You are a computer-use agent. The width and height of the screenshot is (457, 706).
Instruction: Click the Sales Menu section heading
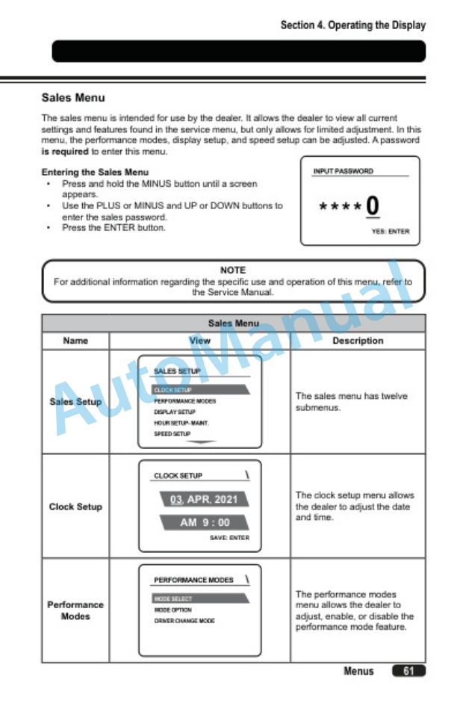73,97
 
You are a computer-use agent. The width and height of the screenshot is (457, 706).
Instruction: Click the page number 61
408,671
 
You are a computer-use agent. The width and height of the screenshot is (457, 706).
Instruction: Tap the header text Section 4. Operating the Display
352,25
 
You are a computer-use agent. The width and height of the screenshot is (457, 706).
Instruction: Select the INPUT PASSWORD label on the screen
343,171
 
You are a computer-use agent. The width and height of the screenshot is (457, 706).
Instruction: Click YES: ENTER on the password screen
390,232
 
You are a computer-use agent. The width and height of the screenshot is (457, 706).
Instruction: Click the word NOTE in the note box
233,270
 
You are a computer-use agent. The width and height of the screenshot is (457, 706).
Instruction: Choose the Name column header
75,341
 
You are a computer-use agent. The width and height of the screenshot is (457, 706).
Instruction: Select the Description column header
358,341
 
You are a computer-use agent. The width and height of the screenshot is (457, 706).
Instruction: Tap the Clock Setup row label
75,507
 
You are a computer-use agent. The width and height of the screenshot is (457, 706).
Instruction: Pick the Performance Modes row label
75,610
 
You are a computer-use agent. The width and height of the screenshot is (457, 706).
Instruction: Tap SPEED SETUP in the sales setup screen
172,433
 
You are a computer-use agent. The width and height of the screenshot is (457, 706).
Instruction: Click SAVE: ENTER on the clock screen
229,537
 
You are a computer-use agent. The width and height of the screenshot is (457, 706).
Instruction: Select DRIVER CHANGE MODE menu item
184,621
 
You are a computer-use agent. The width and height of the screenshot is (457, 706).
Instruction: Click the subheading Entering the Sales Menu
95,172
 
